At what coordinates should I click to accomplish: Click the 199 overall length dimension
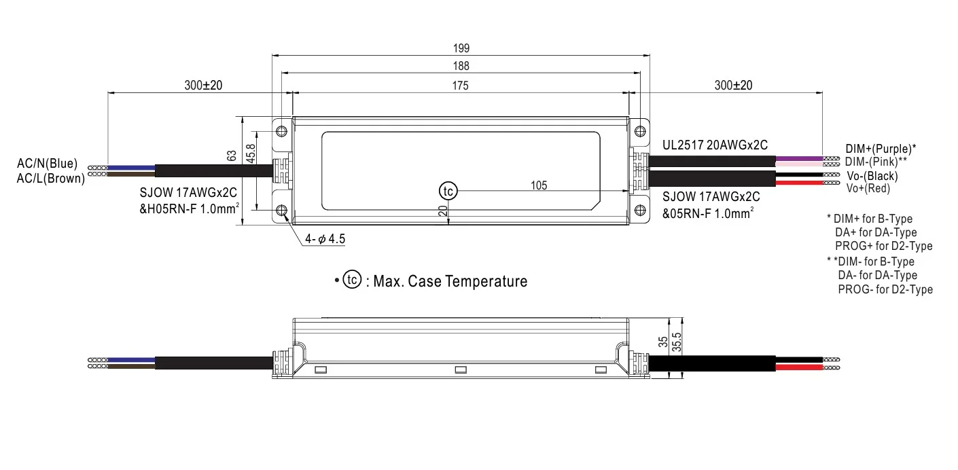point(461,48)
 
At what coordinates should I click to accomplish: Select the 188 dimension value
point(461,66)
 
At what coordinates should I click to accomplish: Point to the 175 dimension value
point(461,85)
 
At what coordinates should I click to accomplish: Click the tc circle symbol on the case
point(447,191)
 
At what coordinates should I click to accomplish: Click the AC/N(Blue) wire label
point(48,164)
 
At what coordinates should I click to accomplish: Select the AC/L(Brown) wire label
point(51,179)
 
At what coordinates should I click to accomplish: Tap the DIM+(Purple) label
point(881,148)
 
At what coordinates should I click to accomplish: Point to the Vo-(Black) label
point(872,176)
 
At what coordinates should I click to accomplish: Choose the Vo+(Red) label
point(868,188)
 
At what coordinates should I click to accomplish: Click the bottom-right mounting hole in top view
point(639,211)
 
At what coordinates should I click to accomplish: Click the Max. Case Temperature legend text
point(446,281)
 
